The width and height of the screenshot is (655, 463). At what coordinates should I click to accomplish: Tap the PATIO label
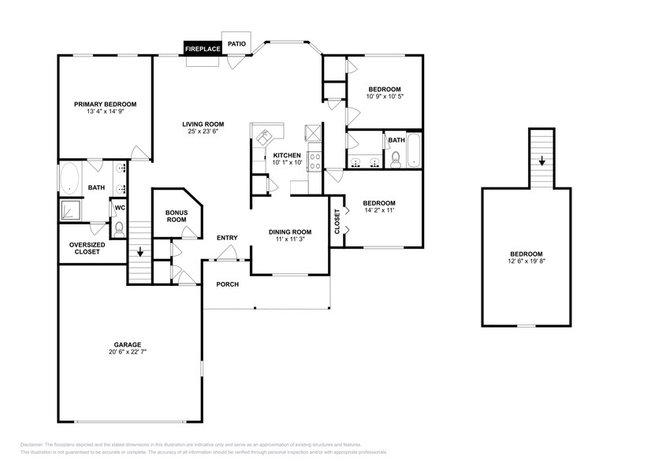pos(236,44)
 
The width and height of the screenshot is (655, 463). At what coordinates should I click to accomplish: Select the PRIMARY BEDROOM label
pos(105,104)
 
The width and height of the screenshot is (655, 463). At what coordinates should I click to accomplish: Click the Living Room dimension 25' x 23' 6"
pos(203,131)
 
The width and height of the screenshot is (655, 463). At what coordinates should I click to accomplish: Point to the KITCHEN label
pos(287,155)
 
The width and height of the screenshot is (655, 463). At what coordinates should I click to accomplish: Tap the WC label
pos(120,208)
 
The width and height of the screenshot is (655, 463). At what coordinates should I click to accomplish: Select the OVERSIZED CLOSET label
pos(87,248)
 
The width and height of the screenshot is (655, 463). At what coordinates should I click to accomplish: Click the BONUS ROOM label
pos(176,216)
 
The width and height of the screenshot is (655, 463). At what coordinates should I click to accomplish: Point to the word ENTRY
pos(227,238)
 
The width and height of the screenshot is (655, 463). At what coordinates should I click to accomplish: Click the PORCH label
pos(228,284)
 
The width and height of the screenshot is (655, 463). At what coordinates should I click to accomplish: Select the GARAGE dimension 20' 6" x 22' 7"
pos(127,352)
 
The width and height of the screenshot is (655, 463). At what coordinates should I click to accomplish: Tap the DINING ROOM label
pos(290,231)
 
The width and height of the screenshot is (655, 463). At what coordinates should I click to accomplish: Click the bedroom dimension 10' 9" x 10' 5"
pos(385,97)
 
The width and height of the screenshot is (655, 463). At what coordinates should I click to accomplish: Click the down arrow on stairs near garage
pos(140,254)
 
